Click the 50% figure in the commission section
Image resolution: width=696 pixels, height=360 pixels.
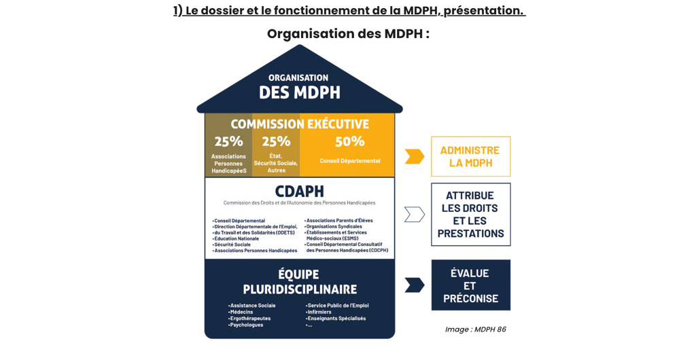[x=349, y=141]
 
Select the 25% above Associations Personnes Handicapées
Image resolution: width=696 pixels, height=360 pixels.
[x=228, y=141]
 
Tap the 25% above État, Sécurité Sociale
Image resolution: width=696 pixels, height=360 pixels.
[x=276, y=141]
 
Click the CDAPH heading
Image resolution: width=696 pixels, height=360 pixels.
[x=299, y=191]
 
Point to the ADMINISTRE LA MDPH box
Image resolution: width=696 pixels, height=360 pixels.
[x=470, y=156]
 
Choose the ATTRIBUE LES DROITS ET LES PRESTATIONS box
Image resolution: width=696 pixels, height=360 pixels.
[x=470, y=214]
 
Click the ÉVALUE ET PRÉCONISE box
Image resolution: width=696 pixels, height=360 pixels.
[x=470, y=285]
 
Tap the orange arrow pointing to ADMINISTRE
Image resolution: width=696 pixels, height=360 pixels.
[x=414, y=156]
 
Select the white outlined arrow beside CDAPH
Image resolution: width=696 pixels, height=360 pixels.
[x=414, y=215]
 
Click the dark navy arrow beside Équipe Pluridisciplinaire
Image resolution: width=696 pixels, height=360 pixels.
[x=414, y=285]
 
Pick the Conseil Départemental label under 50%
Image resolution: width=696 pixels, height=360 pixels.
[x=350, y=161]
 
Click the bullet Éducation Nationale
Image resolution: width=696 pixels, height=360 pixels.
[x=237, y=238]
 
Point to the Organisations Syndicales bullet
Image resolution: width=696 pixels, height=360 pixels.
[x=334, y=226]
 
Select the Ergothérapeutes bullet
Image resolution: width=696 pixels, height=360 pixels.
[x=250, y=318]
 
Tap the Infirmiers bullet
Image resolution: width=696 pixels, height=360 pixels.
[x=324, y=312]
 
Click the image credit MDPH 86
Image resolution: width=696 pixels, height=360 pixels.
[x=475, y=329]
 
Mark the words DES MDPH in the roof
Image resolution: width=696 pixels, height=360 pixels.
[x=299, y=92]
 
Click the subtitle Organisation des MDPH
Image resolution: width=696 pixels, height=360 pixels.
[x=348, y=33]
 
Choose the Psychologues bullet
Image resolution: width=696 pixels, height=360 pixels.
[x=247, y=325]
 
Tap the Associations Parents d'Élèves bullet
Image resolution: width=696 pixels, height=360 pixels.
[x=339, y=220]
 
